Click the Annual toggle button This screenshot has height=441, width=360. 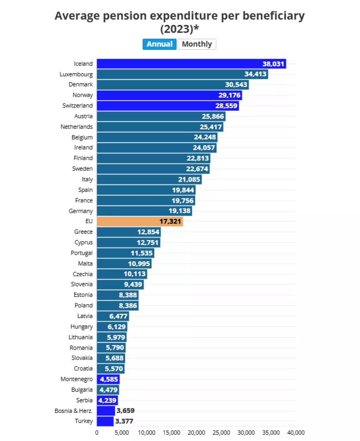point(159,44)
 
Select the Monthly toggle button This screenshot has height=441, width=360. point(197,44)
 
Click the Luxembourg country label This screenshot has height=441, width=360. point(76,74)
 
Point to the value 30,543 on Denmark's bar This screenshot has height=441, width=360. point(236,85)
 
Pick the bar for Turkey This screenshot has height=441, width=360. point(105,421)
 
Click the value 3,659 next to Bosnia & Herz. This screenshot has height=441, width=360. point(126,410)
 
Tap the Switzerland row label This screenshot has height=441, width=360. point(77,105)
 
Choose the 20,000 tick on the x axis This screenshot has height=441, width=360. point(196,433)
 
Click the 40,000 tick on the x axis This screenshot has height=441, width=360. point(296,433)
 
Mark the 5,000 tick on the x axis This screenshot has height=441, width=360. point(122,433)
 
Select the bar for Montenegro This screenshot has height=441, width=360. point(108,379)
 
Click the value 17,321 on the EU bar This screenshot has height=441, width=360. point(170,221)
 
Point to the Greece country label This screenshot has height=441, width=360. point(83,232)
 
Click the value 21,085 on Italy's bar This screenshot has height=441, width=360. point(189,180)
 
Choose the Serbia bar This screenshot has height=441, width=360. point(107,400)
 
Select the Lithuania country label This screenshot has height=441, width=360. point(81,337)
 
